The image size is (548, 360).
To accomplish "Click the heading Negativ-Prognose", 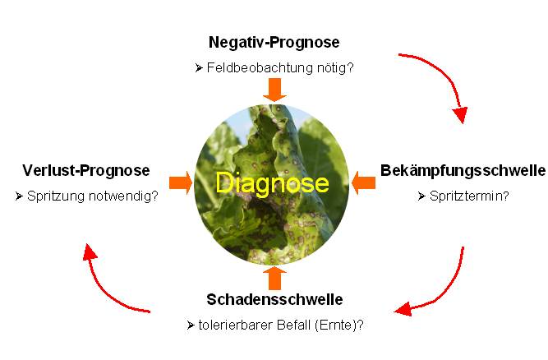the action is (274, 43).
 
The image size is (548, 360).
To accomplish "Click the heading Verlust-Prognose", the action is (86, 171).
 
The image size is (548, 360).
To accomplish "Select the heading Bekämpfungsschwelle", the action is (463, 171).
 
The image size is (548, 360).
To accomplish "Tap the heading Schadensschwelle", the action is (274, 299).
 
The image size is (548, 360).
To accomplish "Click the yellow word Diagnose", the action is (272, 182).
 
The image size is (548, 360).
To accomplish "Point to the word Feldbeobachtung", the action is (260, 67).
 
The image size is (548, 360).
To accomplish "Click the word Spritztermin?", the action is (469, 196).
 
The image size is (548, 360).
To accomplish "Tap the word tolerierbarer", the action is (236, 325).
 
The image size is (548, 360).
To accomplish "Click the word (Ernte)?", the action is (339, 325).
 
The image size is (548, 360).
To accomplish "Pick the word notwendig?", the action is (123, 196).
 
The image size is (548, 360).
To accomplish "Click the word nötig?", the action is (335, 67).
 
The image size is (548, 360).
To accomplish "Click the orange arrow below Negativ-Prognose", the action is (274, 90).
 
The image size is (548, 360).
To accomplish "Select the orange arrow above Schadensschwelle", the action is (274, 278).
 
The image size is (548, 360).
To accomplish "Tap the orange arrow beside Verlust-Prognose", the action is (181, 182).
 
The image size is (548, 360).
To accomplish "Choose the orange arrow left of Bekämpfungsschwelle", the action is (363, 182).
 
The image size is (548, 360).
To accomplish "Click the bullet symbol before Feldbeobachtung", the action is (199, 67).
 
